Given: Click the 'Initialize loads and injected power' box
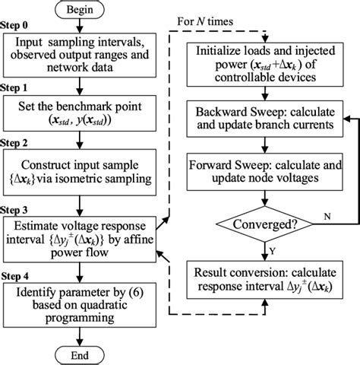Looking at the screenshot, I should click(266, 60).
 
